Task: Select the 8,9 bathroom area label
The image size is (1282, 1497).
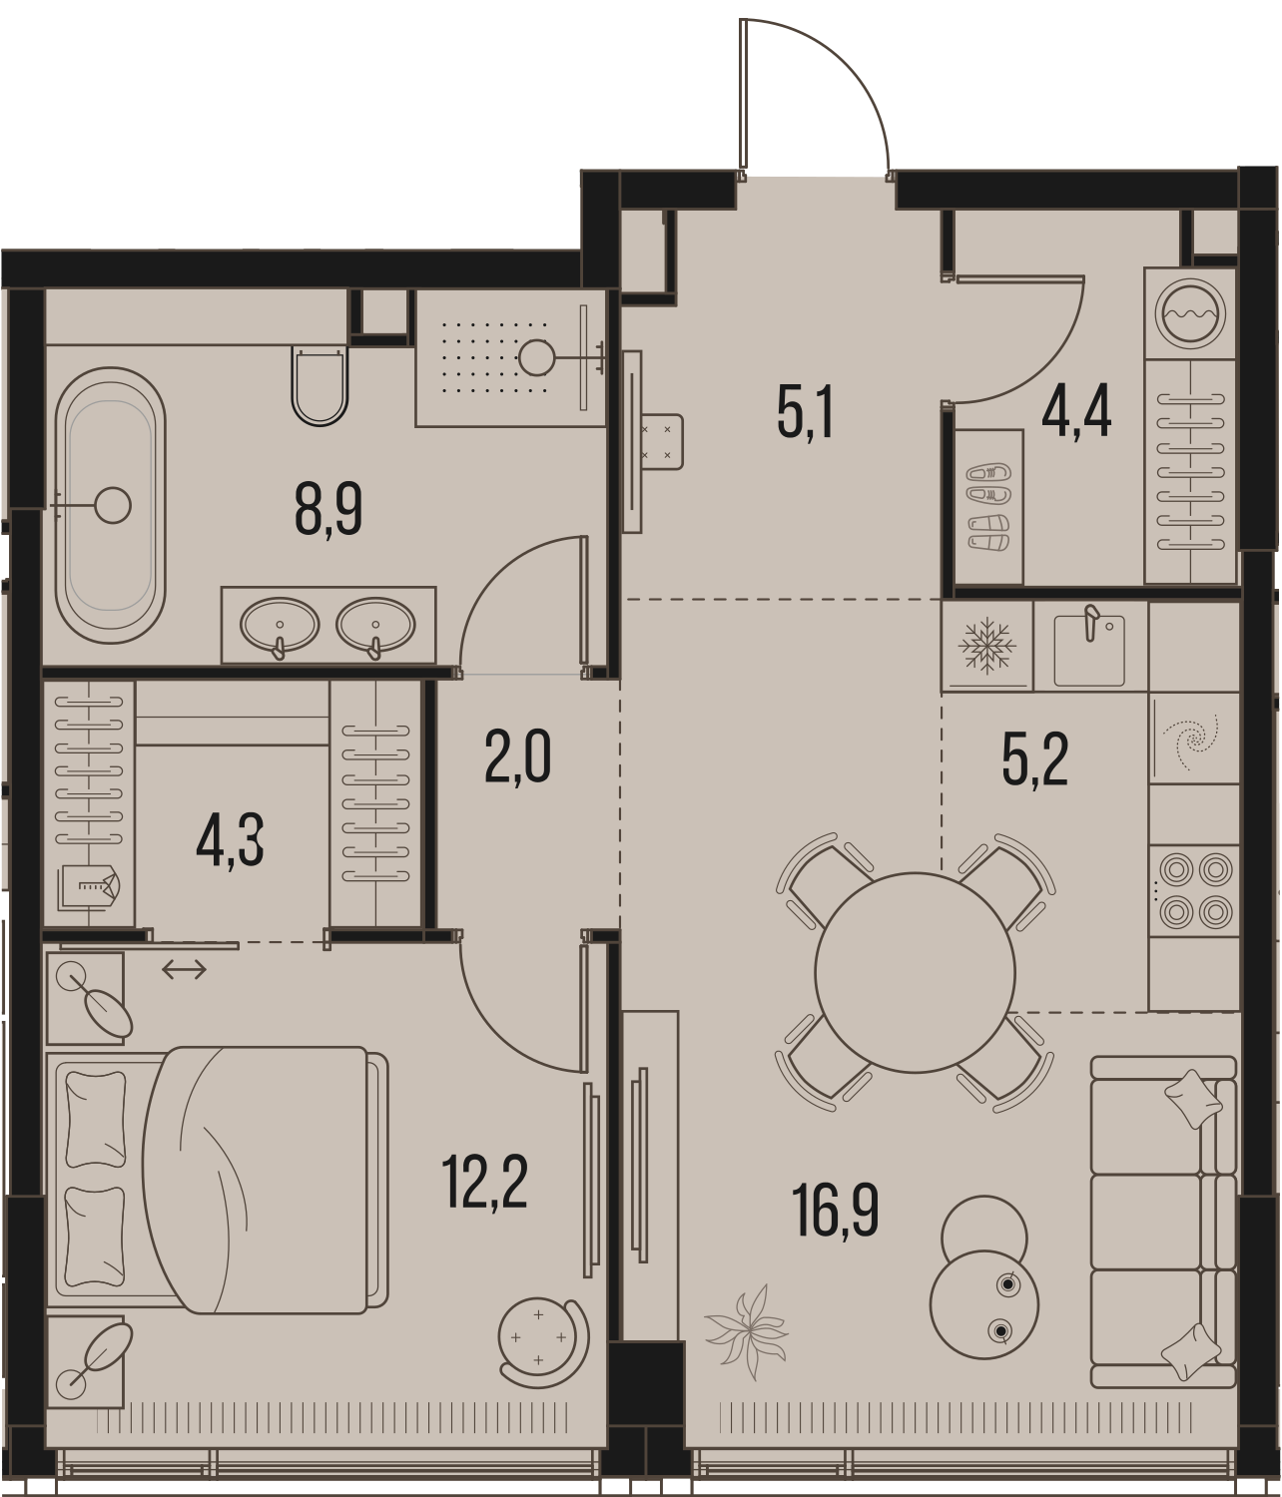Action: click(328, 512)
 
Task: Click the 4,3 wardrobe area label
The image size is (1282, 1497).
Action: click(230, 839)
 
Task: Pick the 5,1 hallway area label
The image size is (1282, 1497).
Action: click(805, 413)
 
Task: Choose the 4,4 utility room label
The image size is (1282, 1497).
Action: click(1076, 413)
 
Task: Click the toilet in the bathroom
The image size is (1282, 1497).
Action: click(320, 385)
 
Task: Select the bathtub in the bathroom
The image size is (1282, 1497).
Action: click(110, 506)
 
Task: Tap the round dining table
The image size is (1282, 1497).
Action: click(914, 973)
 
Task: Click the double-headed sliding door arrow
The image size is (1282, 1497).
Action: click(184, 969)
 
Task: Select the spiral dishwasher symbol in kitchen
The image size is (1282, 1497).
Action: click(1192, 739)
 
